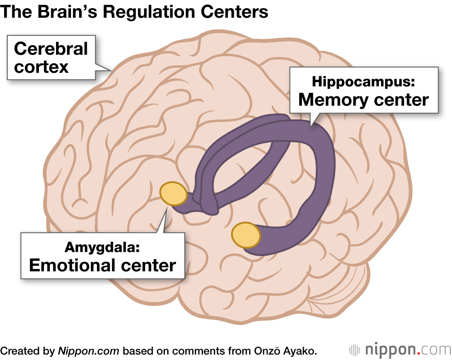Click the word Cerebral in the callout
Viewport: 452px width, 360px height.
[x=51, y=49]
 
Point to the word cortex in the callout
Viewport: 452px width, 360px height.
[x=41, y=66]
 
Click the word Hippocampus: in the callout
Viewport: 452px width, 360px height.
[x=363, y=82]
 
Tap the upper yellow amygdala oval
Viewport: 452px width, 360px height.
[x=174, y=194]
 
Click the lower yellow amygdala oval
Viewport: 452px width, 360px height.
[x=246, y=235]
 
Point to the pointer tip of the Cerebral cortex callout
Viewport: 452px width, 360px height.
[x=110, y=70]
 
